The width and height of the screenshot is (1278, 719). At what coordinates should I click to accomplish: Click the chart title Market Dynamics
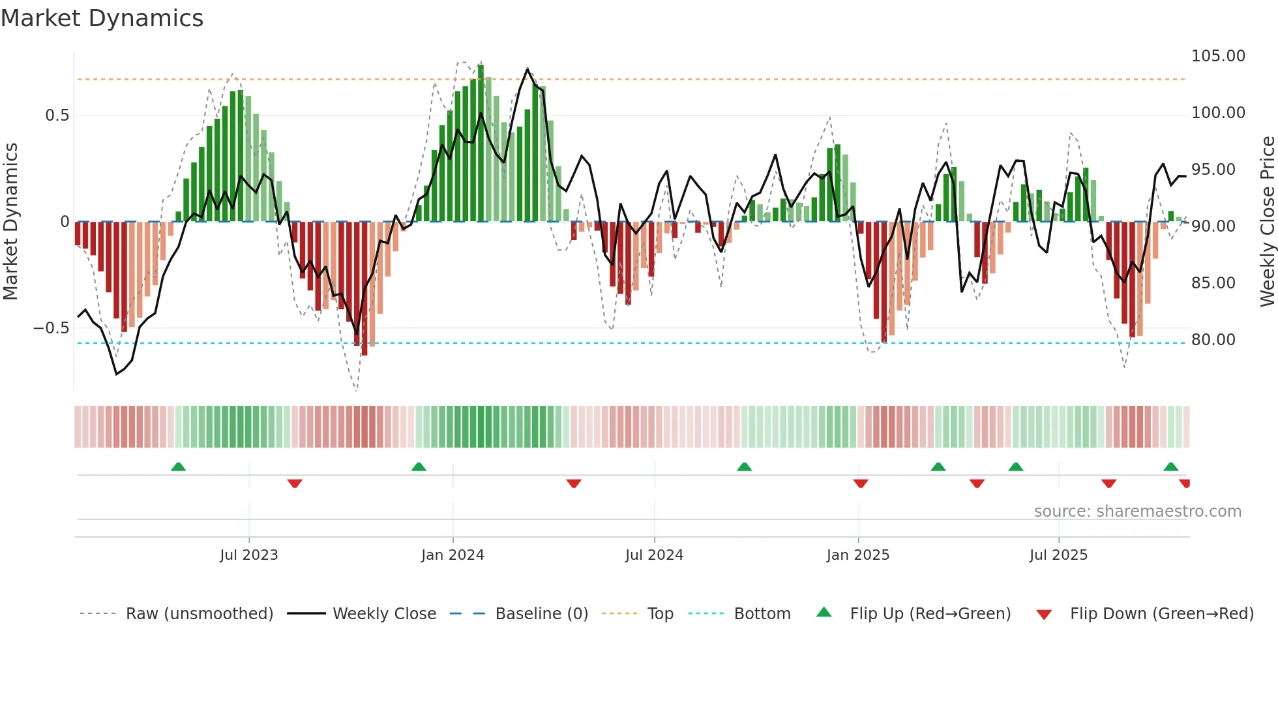102,18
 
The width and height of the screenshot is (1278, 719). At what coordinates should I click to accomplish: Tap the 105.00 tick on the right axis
1217,56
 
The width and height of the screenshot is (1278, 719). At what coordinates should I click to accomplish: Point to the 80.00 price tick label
1213,340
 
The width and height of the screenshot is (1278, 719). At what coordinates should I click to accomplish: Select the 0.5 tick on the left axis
57,115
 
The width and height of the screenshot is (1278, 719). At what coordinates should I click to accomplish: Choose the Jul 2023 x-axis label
248,555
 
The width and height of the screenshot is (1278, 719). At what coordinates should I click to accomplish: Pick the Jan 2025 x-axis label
857,555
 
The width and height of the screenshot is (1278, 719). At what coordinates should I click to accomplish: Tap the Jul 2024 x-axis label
654,555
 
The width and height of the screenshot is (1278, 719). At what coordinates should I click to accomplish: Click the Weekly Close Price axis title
1267,222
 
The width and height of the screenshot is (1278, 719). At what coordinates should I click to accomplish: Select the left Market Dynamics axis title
10,222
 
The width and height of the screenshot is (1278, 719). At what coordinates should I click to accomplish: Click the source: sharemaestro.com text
1137,512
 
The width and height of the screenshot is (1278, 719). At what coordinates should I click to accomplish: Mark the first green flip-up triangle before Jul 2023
178,467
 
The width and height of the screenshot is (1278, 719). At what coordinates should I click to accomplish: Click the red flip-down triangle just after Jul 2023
295,483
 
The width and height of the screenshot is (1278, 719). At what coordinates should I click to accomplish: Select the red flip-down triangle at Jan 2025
860,483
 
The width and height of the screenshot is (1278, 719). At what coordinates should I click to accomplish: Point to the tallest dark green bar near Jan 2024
481,144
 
